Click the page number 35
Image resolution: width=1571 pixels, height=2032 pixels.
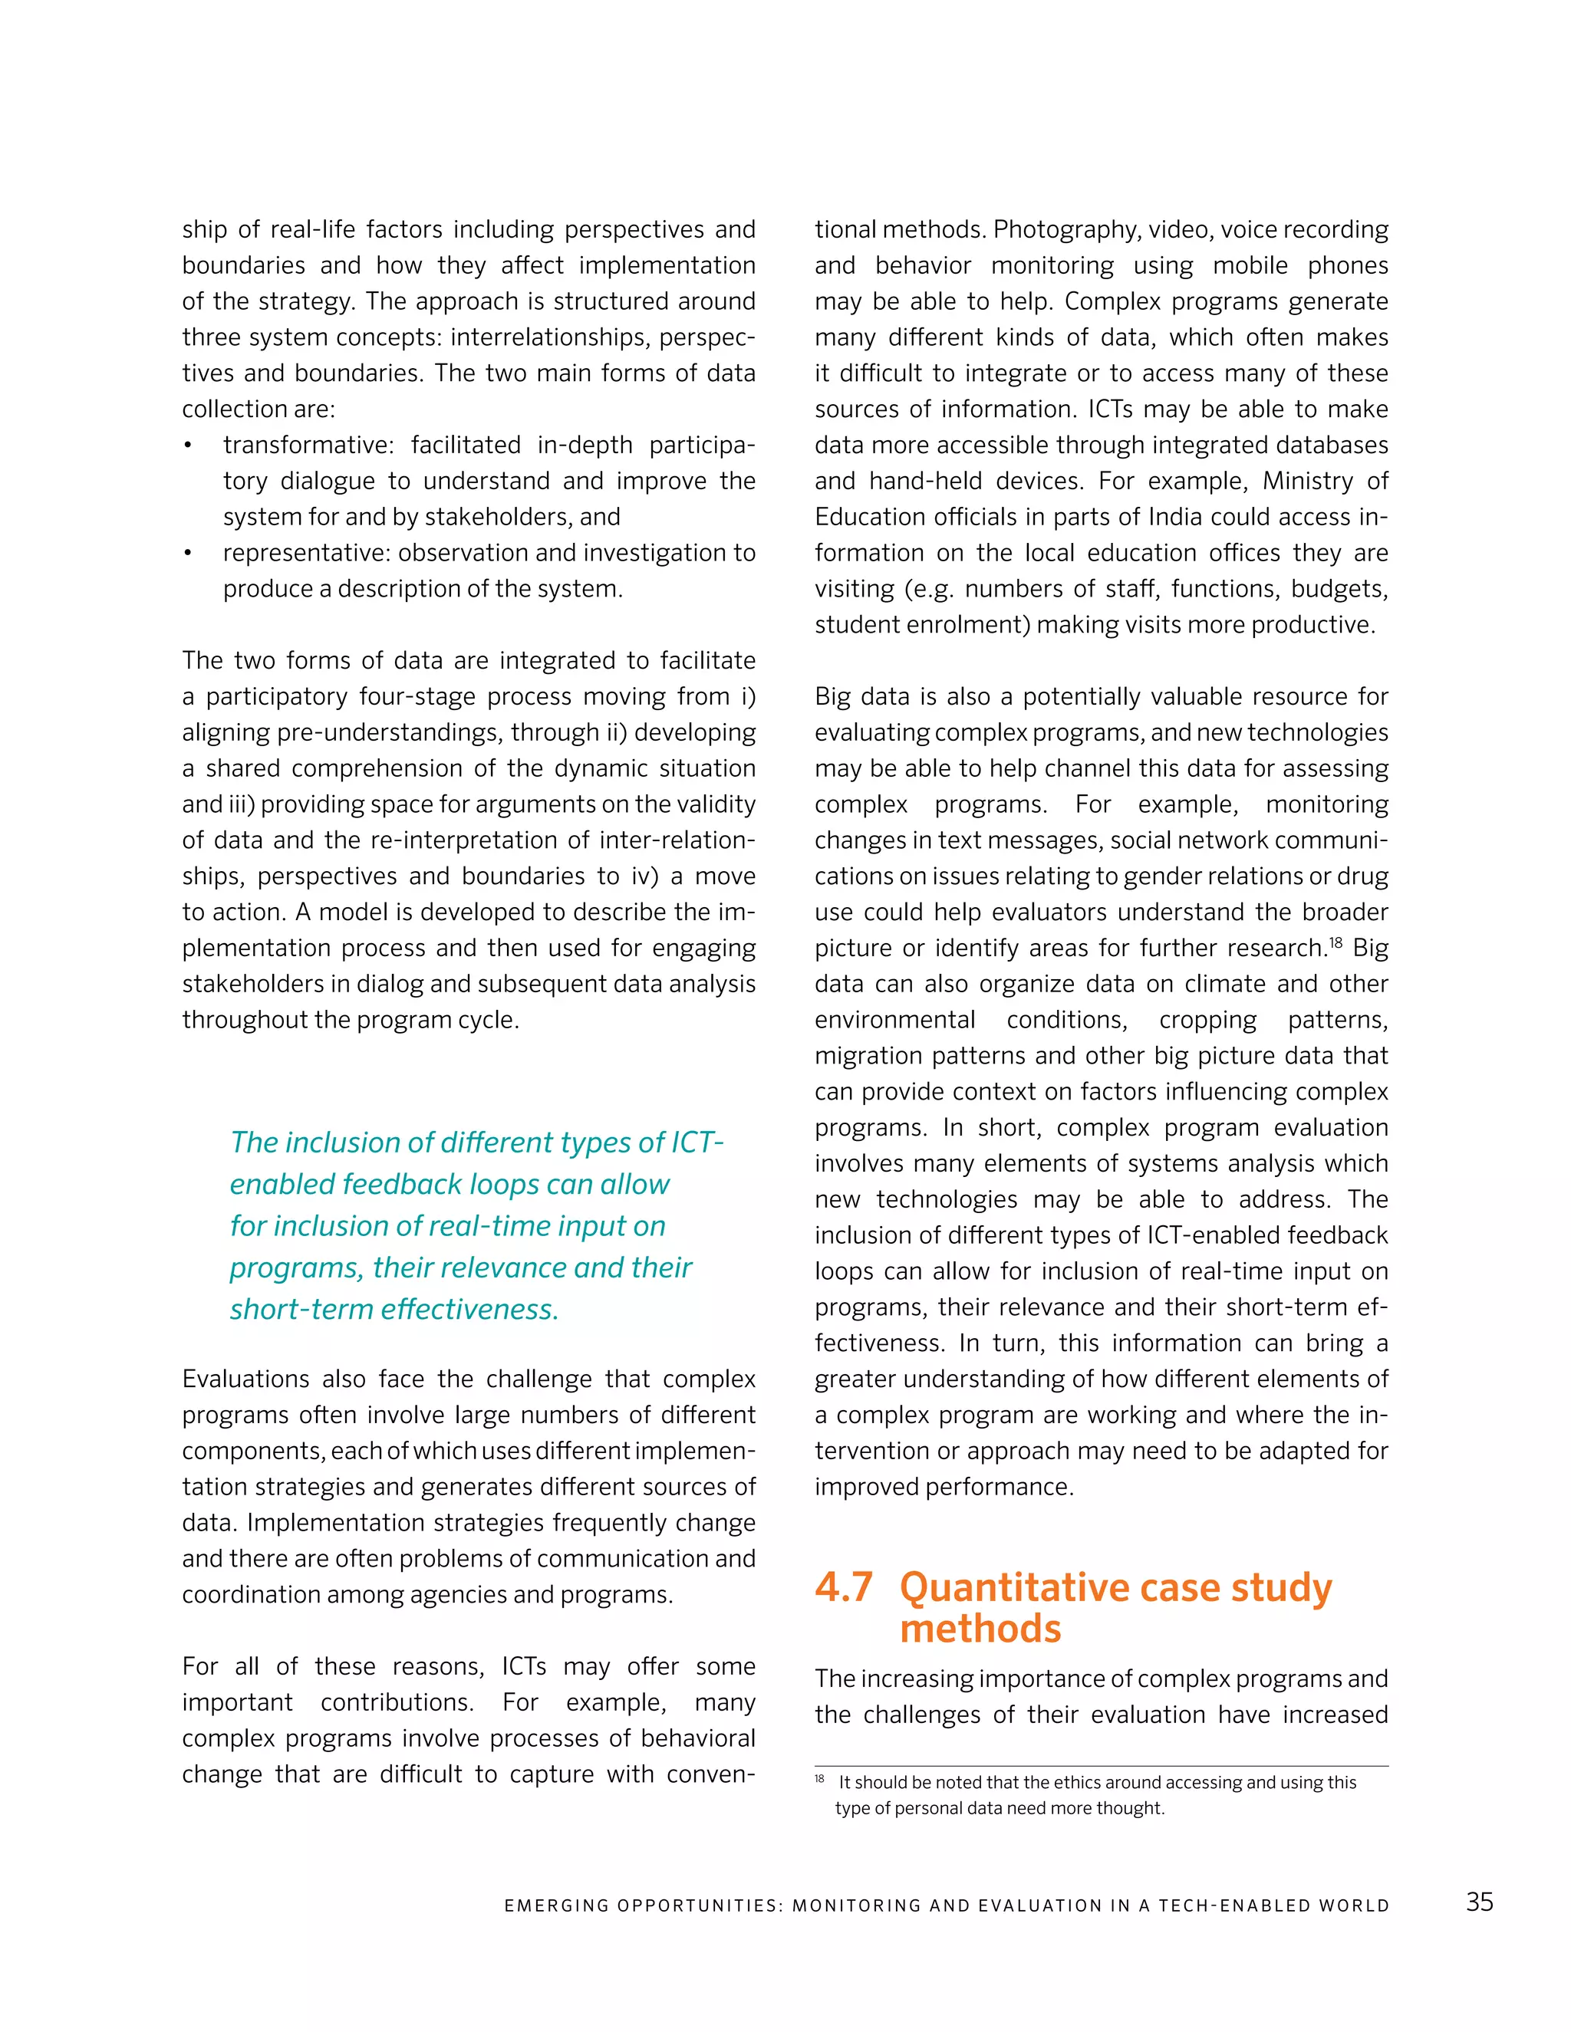tap(1479, 1902)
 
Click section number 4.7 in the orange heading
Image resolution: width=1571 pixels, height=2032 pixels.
tap(843, 1587)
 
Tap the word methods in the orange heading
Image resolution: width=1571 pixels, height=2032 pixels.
tap(980, 1629)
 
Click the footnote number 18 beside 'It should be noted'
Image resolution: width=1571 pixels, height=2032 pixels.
tap(819, 1779)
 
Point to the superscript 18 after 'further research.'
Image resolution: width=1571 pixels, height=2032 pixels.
tap(1336, 942)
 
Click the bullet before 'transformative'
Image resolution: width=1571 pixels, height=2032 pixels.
tap(187, 446)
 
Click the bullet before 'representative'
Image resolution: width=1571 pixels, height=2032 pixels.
tap(187, 554)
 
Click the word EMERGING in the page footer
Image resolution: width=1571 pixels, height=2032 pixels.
tap(555, 1905)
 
